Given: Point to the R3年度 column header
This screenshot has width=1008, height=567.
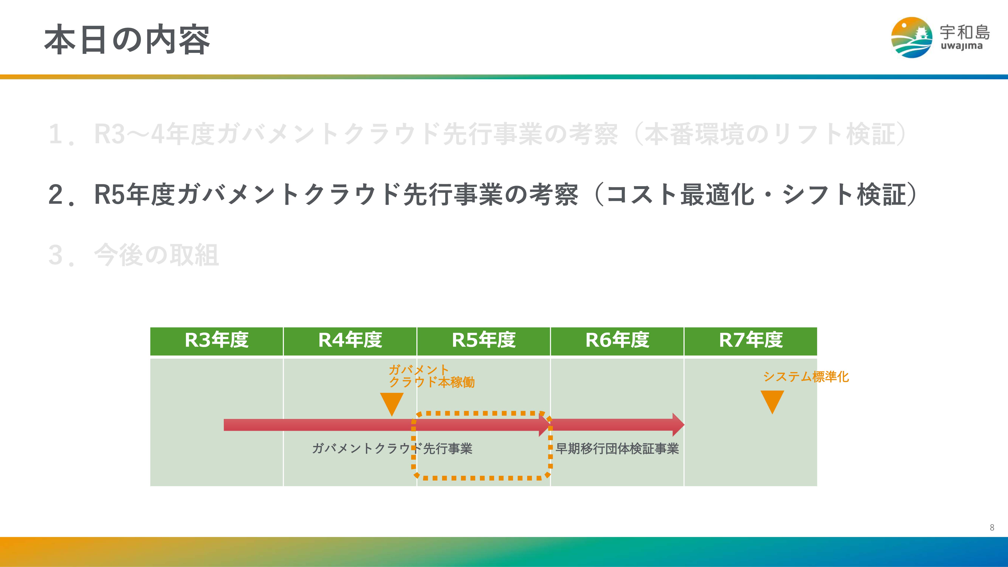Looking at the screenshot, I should click(216, 340).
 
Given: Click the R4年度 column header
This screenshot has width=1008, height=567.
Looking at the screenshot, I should click(350, 340).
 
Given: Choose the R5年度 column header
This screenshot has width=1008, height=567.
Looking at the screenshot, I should click(484, 340).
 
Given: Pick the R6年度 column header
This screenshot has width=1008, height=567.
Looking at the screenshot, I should click(617, 340).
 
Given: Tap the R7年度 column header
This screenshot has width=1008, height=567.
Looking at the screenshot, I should click(751, 340).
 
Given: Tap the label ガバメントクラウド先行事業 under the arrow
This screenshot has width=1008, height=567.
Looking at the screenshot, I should click(392, 448).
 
